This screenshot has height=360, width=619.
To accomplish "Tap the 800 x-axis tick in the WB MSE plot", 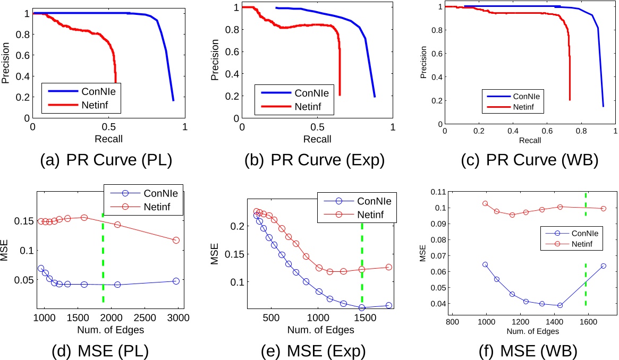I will (452, 321).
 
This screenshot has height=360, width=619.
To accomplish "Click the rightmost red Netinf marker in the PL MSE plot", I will (176, 240).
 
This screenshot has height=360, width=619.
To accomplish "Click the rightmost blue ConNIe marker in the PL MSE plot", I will (176, 281).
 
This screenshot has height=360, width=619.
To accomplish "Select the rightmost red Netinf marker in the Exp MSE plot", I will (388, 267).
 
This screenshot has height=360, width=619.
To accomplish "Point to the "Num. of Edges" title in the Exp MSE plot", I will (320, 330).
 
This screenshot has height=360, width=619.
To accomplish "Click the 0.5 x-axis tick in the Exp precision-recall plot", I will (318, 127).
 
